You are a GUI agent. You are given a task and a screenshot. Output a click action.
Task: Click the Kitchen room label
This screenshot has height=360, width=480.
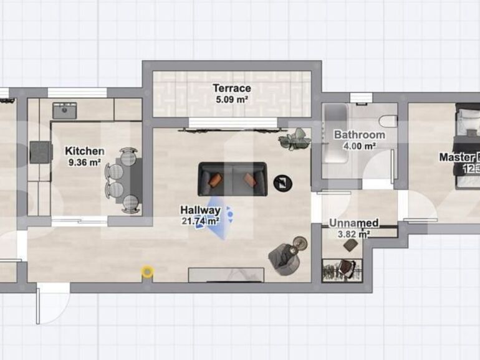pos(85,151)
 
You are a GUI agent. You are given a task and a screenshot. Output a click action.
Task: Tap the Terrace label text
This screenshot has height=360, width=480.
pos(231,88)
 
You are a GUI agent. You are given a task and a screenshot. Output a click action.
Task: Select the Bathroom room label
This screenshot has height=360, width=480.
pos(359,135)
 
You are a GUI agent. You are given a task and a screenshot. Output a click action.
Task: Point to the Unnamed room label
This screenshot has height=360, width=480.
pos(353,223)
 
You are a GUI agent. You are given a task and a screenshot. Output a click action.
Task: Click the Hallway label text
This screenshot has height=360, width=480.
pos(200,210)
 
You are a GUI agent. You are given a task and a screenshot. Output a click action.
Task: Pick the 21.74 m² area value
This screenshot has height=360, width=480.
pos(199,220)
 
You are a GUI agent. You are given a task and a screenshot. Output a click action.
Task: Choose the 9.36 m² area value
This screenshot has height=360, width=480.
pos(84,163)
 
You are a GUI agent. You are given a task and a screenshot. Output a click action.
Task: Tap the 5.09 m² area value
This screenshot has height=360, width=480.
pos(231,99)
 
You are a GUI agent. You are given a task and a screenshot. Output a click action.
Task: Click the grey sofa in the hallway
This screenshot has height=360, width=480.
pos(233,178)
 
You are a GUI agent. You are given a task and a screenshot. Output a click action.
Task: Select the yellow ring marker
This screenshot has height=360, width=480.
pos(147,271)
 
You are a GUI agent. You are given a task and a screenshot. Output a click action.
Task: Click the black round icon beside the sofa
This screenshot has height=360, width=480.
pos(283,182)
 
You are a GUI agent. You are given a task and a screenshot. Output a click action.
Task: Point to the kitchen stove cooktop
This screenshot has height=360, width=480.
pos(41,151)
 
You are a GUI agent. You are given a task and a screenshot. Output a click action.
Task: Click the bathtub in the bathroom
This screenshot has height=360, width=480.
pos(335,134)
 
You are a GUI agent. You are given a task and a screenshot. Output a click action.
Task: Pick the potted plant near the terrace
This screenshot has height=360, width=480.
pos(294,139)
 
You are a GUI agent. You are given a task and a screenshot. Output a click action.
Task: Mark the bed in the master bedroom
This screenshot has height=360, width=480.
pos(468,146)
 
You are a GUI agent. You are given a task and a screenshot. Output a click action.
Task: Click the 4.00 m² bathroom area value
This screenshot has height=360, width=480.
pos(359,146)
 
